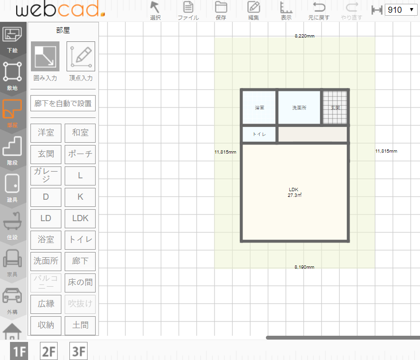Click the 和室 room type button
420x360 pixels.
80,133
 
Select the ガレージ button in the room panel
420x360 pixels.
46,175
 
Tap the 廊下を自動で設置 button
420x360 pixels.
63,103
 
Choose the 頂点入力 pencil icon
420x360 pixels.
81,56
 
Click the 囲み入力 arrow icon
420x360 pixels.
45,56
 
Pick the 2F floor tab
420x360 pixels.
49,351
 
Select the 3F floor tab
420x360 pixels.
78,351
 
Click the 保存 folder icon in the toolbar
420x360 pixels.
221,7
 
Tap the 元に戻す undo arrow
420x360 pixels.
319,7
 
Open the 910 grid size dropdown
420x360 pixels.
400,10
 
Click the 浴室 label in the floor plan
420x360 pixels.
259,107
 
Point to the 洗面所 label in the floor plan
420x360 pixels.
299,107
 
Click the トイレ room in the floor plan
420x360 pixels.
259,134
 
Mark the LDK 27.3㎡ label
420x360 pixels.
294,192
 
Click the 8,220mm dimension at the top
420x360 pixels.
304,36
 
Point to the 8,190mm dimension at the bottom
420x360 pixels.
304,267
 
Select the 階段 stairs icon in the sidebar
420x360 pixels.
12,146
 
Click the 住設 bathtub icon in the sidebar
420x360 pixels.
12,221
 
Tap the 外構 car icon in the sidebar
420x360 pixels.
12,296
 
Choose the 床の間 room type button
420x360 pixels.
80,282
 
